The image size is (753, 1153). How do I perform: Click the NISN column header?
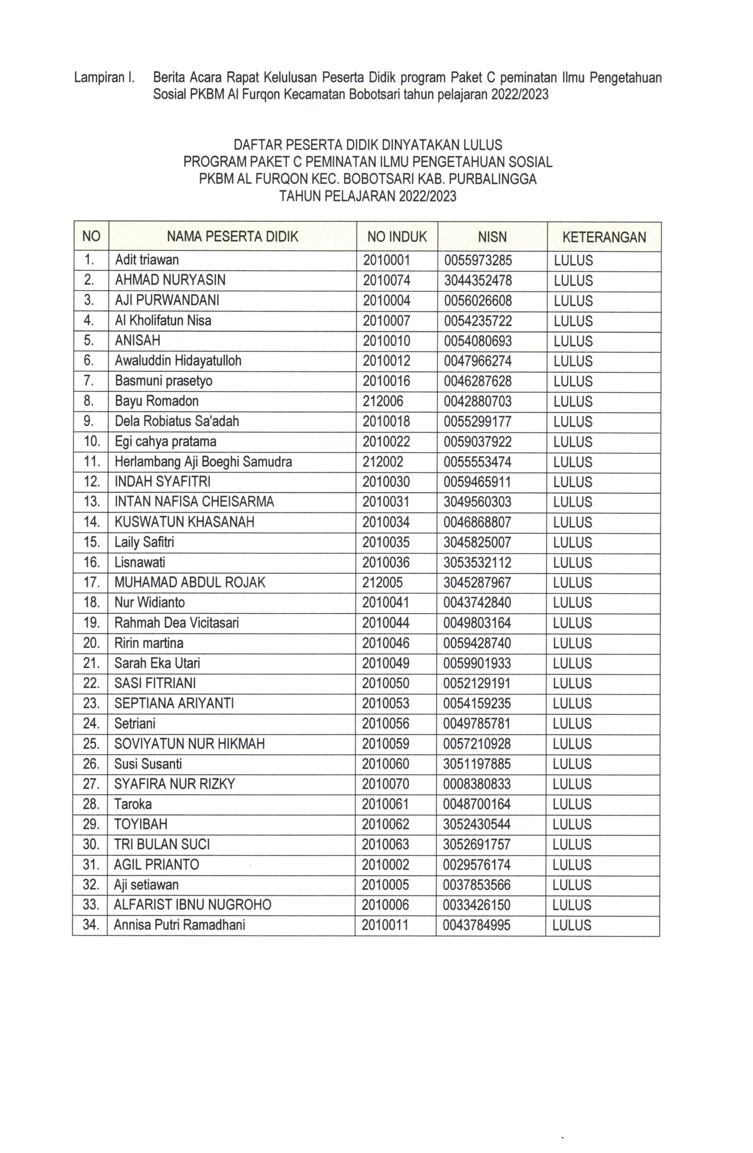click(492, 236)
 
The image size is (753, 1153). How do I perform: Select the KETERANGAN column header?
click(604, 237)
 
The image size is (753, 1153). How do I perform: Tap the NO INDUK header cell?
click(397, 236)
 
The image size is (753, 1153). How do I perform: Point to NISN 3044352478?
click(477, 281)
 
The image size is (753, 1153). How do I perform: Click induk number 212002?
click(382, 462)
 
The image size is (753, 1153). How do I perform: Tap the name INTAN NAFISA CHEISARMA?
click(194, 502)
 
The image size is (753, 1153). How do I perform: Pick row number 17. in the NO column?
click(91, 582)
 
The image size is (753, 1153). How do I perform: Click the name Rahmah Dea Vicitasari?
click(176, 622)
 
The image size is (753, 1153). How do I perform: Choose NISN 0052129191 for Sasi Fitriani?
click(477, 684)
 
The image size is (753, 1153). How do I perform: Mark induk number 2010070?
click(385, 784)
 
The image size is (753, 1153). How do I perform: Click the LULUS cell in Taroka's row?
click(572, 805)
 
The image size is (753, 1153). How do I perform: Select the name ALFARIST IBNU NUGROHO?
click(192, 905)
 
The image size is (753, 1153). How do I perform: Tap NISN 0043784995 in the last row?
click(476, 925)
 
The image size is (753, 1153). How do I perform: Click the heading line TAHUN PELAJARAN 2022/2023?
click(368, 196)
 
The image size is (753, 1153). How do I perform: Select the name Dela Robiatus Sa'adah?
click(176, 422)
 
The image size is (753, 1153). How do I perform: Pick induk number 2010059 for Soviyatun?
click(385, 744)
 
